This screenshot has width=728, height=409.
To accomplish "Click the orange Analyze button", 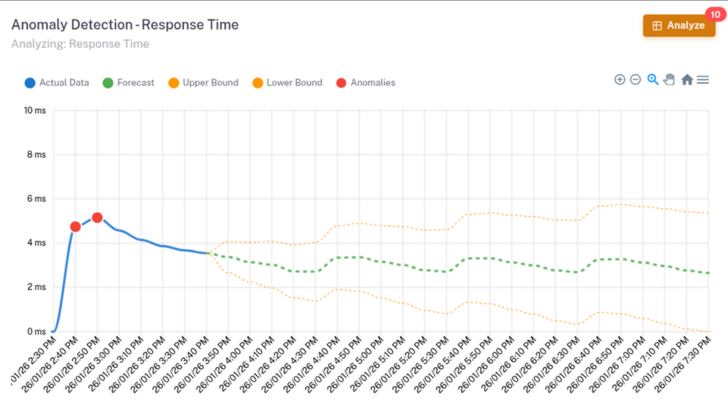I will [679, 25].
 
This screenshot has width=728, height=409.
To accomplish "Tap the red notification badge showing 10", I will [715, 15].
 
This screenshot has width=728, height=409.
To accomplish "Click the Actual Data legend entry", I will [57, 83].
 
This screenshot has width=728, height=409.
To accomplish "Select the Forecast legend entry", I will [128, 83].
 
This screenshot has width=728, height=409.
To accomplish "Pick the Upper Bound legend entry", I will [203, 83].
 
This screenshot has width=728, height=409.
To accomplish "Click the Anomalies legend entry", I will [366, 83].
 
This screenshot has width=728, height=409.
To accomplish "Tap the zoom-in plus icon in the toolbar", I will [619, 80].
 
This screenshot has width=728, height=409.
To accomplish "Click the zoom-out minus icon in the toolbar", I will [635, 80].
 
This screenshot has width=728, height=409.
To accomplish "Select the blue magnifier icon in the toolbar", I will [653, 80].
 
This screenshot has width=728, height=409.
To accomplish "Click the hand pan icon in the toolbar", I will [669, 80].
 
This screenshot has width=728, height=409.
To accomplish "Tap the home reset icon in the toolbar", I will [687, 80].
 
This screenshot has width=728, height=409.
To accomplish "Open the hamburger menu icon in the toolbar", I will [703, 80].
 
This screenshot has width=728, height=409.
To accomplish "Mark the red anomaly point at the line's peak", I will [97, 217].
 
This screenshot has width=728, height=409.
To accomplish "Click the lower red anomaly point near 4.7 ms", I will [75, 227].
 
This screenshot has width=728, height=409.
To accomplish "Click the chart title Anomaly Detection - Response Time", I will [125, 25].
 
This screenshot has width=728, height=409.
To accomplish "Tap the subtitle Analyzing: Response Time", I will [80, 44].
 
